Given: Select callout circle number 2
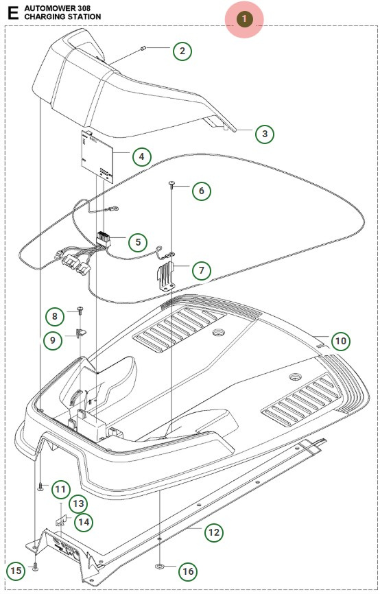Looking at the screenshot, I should [181, 51].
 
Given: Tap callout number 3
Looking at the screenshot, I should [265, 134].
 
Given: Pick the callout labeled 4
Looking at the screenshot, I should [141, 157].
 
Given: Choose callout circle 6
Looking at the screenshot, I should [201, 191].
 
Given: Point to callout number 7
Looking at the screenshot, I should [201, 270].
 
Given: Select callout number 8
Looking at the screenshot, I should [55, 316].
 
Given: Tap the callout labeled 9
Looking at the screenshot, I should [55, 339].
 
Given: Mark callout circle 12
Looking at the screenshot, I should [214, 531].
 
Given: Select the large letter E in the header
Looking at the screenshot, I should [13, 12].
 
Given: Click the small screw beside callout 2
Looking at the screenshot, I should [141, 48].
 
